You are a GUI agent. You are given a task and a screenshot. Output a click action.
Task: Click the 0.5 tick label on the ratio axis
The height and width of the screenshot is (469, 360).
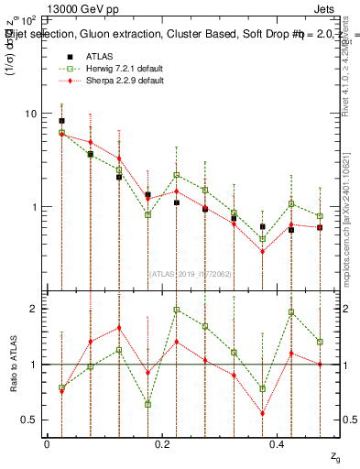pos(28,420)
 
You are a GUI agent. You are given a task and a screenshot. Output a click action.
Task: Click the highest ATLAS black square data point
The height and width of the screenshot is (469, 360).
pos(61,121)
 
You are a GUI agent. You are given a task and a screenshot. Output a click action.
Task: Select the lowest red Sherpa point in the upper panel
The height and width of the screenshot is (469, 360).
pos(262,251)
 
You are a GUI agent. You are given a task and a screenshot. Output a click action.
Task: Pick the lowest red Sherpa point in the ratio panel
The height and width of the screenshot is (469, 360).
pos(262,412)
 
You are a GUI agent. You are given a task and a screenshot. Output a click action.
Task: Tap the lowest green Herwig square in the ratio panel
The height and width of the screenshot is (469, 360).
pos(147,404)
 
